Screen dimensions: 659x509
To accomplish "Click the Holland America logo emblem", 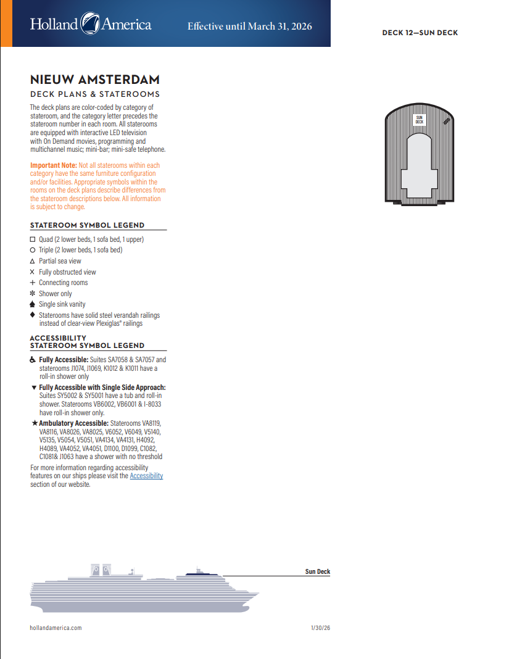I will click(x=91, y=25).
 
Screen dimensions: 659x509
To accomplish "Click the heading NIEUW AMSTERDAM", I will click(x=95, y=80).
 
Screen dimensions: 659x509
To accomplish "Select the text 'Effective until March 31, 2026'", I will click(x=249, y=27).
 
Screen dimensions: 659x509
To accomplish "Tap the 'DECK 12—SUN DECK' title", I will click(x=420, y=33).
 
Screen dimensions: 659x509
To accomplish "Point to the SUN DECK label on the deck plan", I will click(x=419, y=119).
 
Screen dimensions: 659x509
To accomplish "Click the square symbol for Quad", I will click(x=33, y=239).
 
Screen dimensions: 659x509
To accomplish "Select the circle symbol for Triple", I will click(x=33, y=250).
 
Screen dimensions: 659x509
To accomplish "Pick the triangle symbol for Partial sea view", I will click(x=33, y=261).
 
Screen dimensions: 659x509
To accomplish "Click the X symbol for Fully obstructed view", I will click(x=33, y=272).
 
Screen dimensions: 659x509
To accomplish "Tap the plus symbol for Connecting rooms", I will click(x=33, y=283).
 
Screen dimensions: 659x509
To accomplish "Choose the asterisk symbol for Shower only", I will click(x=33, y=294).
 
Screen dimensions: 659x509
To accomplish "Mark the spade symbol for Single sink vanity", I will click(x=33, y=304).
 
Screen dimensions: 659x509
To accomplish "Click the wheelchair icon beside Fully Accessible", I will click(x=33, y=360).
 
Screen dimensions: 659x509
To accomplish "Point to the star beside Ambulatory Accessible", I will click(x=35, y=423).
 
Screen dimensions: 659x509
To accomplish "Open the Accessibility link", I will click(x=146, y=476).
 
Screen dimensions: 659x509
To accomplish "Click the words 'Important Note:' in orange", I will click(x=54, y=165).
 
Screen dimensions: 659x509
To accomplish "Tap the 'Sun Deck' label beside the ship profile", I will click(x=318, y=572).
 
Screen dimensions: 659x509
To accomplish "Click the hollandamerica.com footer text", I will click(x=56, y=628).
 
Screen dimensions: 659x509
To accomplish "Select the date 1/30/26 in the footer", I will click(x=321, y=628).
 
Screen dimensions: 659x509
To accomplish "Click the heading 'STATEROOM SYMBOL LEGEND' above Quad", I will click(x=87, y=226).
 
